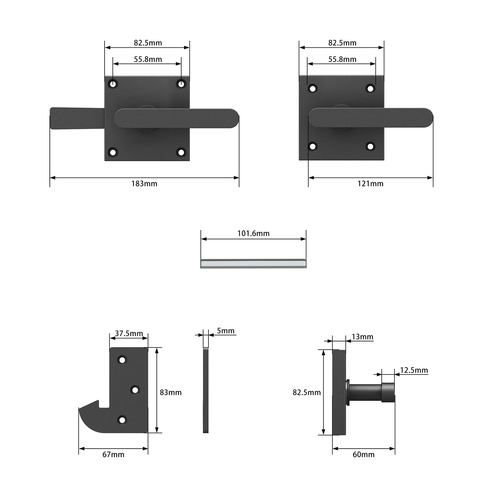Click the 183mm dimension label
144,184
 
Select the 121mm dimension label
370,184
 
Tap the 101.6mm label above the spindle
253,233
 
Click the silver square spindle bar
253,263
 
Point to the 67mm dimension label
113,454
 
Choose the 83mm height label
171,392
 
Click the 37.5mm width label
129,333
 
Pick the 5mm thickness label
226,331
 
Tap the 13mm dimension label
362,337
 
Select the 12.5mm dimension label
414,370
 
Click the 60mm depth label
363,454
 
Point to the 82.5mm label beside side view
307,392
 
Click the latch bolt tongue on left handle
76,118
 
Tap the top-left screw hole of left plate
113,84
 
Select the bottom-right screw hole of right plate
370,146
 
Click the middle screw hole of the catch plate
135,390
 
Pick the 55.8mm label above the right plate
342,59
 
